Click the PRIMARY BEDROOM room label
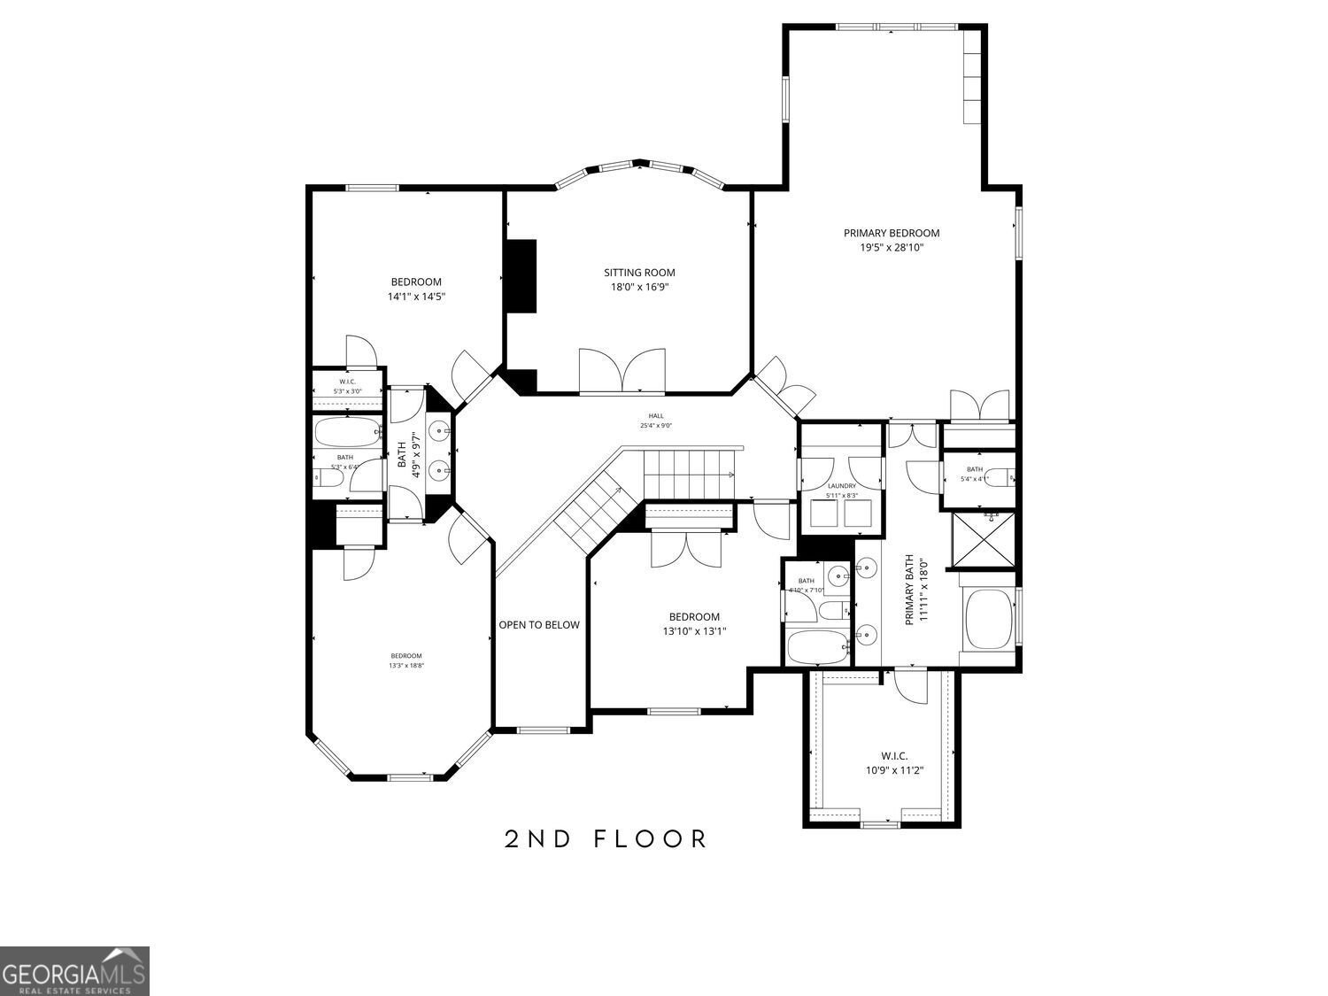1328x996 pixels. tap(891, 233)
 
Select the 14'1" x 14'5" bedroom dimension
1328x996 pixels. tap(415, 297)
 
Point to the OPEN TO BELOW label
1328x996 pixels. tap(538, 625)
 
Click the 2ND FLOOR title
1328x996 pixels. tap(606, 838)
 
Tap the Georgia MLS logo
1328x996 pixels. tap(74, 970)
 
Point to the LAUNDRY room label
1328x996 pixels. tap(841, 486)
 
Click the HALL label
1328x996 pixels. tap(656, 416)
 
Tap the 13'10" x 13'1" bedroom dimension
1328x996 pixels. tap(694, 631)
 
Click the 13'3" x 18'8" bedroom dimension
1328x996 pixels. tap(406, 666)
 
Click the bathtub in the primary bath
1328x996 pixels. tap(987, 619)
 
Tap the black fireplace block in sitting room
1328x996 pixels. tap(521, 275)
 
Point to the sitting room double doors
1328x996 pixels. tap(622, 370)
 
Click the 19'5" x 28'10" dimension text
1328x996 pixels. tap(891, 248)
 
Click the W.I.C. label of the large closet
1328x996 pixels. tap(893, 756)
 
